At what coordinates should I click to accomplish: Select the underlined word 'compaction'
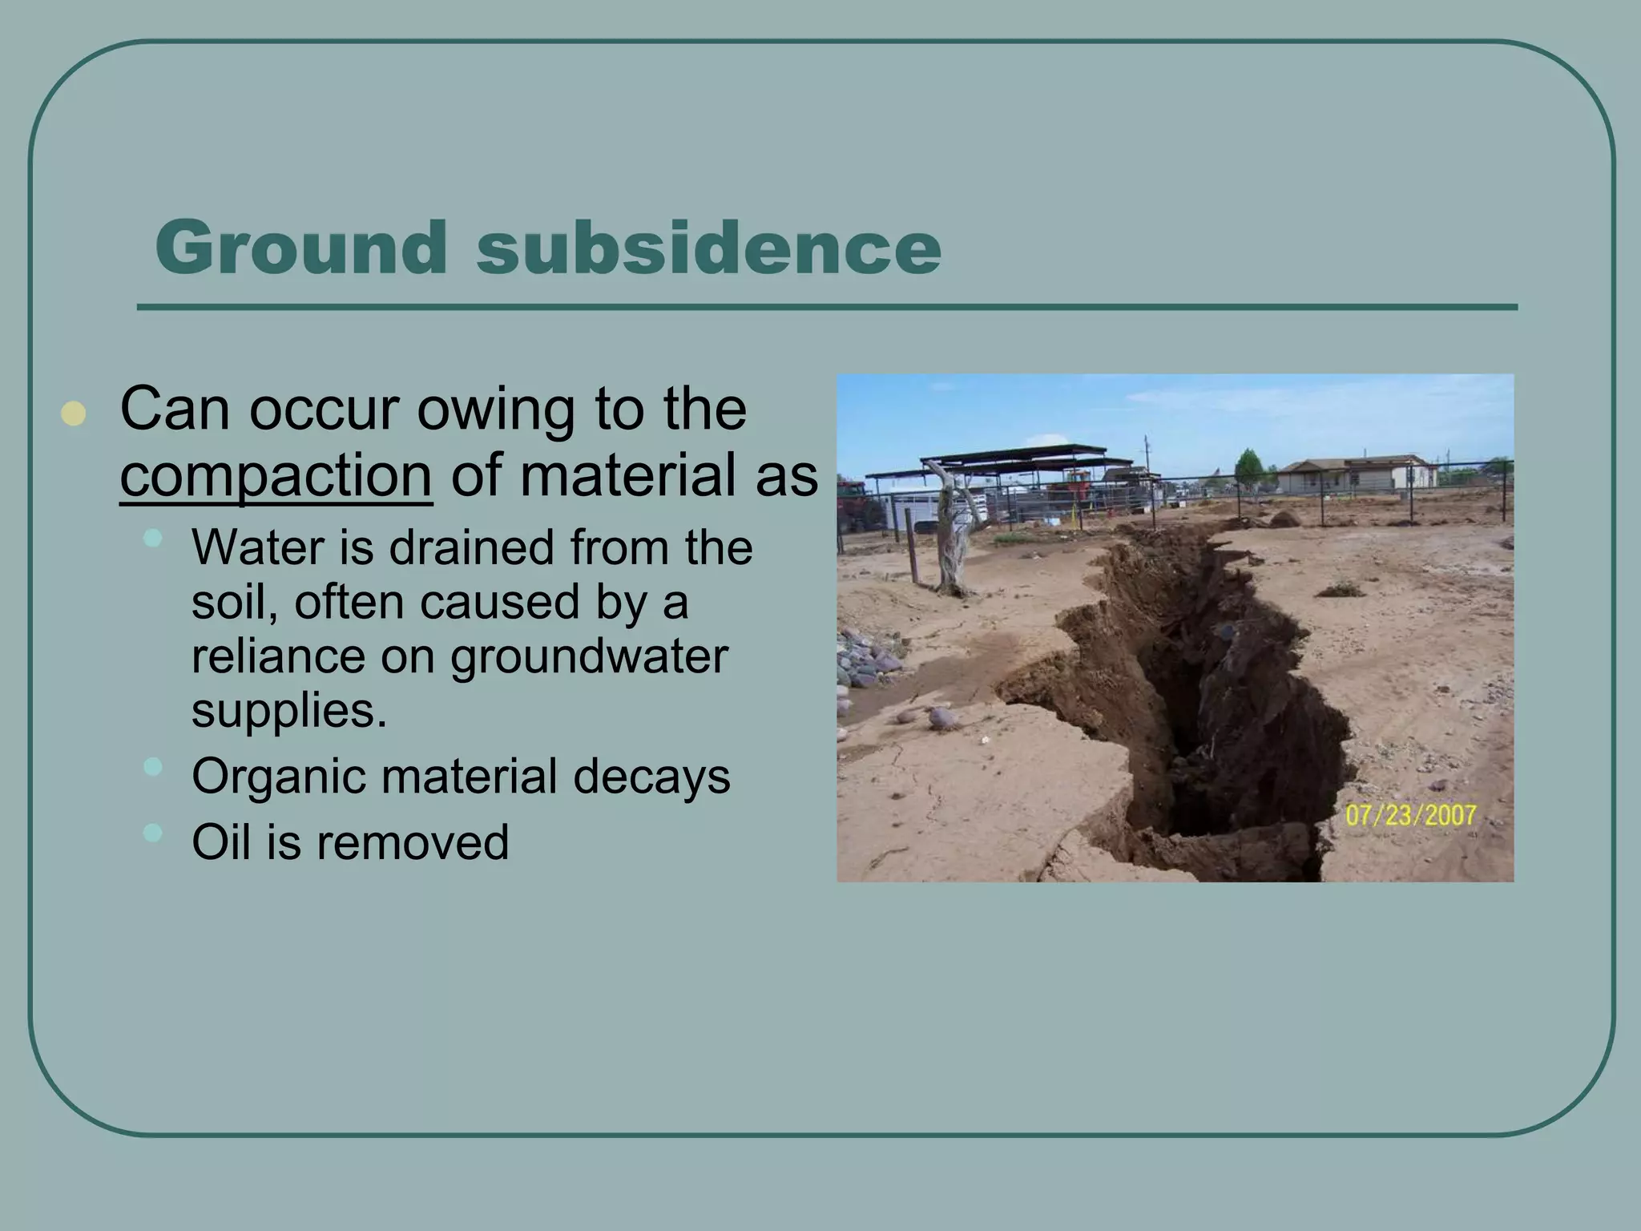pos(276,476)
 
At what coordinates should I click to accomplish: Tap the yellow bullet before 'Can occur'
pos(73,414)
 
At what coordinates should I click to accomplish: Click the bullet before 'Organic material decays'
pos(152,767)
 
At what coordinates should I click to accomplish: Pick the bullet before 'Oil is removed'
pos(152,833)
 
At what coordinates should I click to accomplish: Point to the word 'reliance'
pos(276,656)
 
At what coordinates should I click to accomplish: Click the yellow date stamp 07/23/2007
pos(1409,816)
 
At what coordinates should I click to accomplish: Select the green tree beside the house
pos(1248,467)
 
